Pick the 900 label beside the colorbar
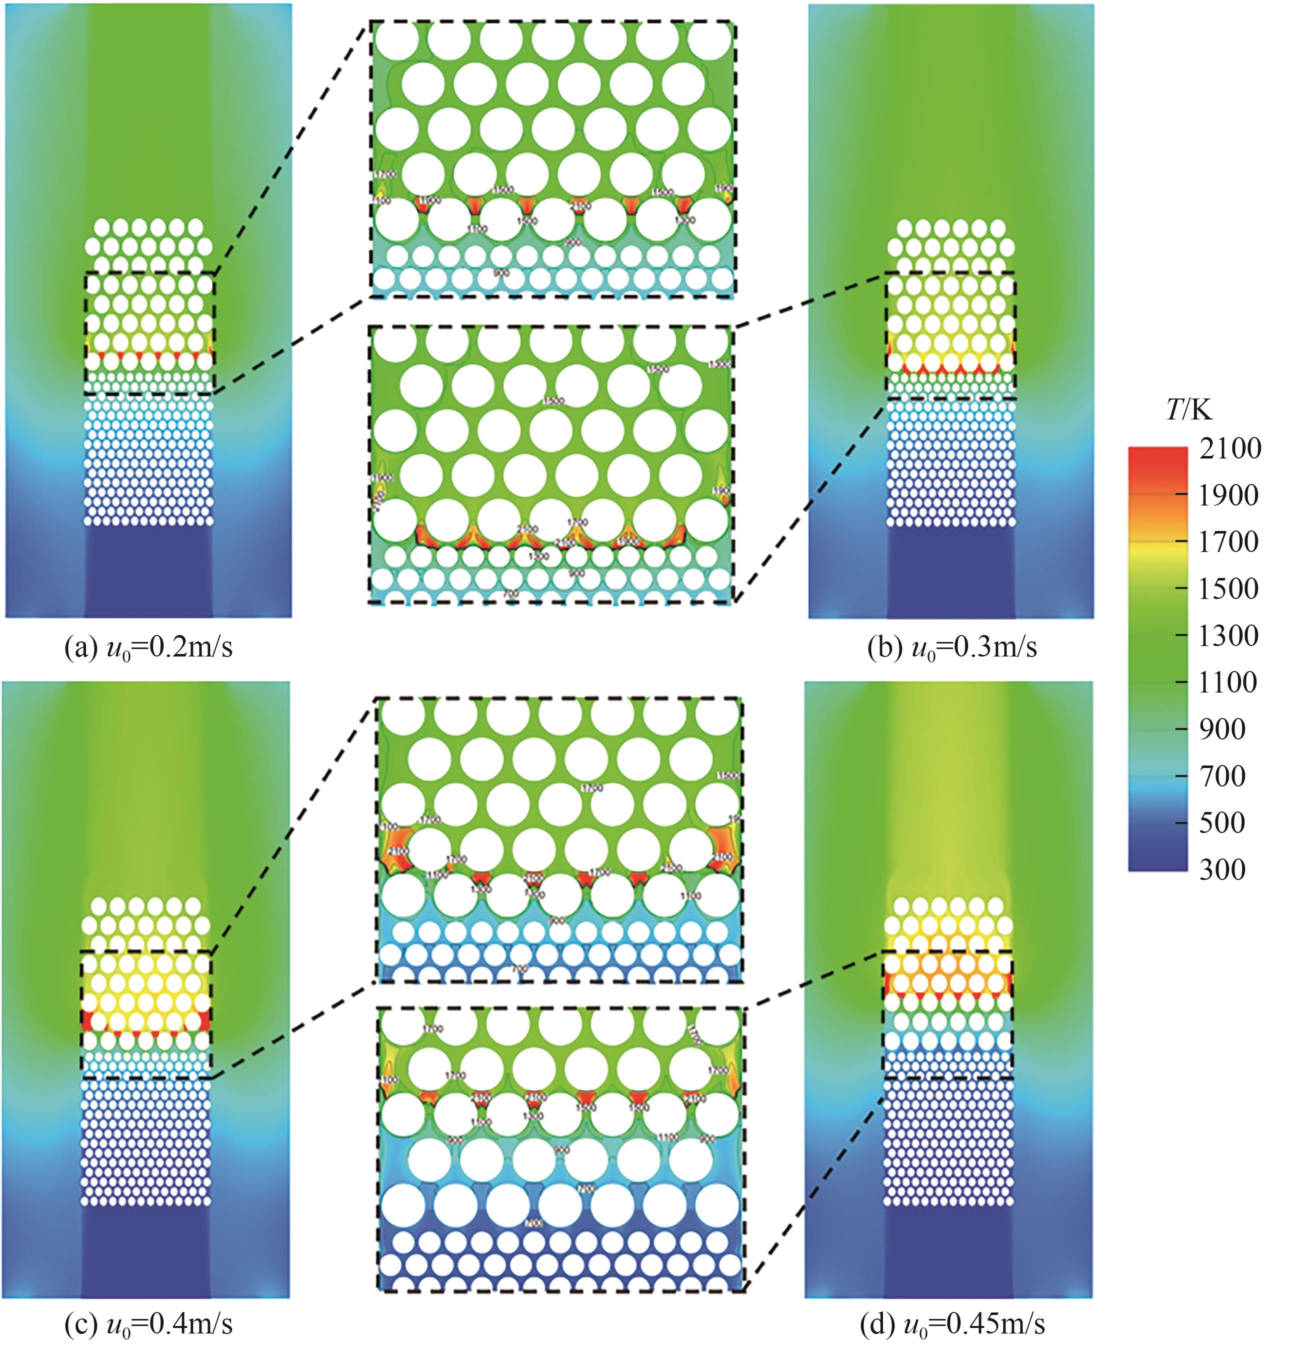click(1222, 729)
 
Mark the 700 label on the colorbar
click(1222, 776)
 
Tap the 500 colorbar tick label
click(1222, 822)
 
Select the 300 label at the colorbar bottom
click(1222, 869)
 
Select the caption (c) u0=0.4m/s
click(148, 1323)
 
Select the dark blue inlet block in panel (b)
click(951, 570)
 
